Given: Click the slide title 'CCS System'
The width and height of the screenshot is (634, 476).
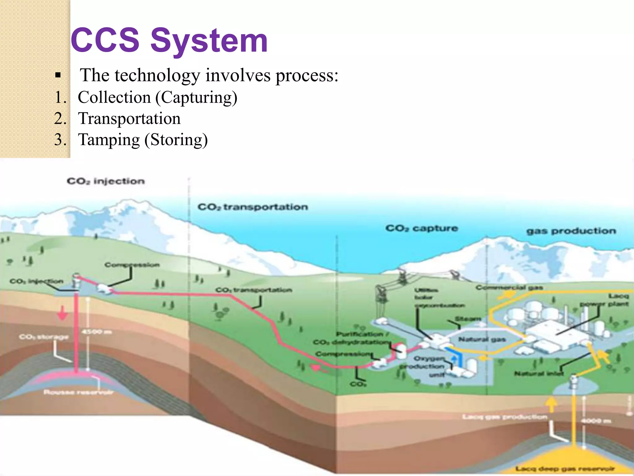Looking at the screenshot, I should click(x=169, y=40).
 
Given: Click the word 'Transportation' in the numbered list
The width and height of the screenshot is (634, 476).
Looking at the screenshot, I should click(x=129, y=119).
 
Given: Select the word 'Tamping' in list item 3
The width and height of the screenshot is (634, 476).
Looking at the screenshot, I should click(x=109, y=140).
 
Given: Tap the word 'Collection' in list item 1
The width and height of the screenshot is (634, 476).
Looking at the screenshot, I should click(x=114, y=98).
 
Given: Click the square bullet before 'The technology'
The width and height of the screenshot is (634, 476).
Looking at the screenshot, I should click(x=58, y=75).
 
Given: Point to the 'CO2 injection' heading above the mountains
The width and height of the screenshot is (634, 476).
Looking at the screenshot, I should click(x=106, y=181).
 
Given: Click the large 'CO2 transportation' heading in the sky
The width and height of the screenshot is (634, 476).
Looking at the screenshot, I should click(x=253, y=207).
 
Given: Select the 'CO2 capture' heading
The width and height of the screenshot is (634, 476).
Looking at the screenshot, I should click(x=421, y=228).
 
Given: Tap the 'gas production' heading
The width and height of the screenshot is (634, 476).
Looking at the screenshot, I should click(x=571, y=231).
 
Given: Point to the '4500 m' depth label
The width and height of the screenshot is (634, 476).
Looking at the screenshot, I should click(x=97, y=332).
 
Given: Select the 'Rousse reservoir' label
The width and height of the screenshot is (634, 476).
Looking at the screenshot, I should click(x=78, y=392).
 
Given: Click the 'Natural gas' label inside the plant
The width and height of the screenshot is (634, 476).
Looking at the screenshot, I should click(x=482, y=340).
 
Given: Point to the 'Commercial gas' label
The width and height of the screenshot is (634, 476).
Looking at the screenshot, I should click(x=509, y=288).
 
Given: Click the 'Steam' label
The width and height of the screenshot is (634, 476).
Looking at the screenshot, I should click(x=467, y=319).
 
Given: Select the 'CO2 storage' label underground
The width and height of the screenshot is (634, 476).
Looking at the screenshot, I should click(x=44, y=337).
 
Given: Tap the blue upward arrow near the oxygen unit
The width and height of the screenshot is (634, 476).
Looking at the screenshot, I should click(x=454, y=359).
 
